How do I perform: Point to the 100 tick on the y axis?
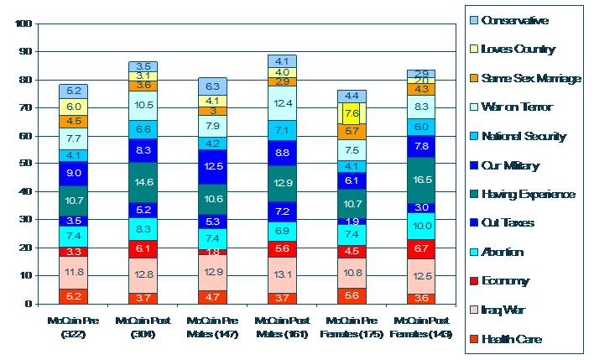pyautogui.click(x=23, y=24)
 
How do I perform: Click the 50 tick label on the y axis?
pyautogui.click(x=25, y=164)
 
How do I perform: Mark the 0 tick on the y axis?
pyautogui.click(x=28, y=304)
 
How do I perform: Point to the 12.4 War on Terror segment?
pyautogui.click(x=282, y=103)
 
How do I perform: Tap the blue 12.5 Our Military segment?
pyautogui.click(x=213, y=166)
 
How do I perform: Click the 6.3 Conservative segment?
pyautogui.click(x=213, y=86)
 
